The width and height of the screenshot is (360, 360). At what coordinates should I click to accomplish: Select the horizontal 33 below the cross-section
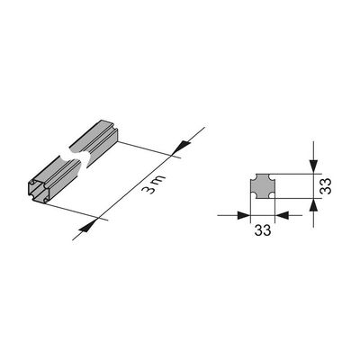point(263,230)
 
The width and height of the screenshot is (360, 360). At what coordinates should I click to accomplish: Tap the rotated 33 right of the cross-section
point(326,186)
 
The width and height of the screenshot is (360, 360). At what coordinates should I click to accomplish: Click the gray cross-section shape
point(263,186)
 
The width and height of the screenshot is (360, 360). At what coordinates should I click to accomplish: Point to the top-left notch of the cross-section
point(252,175)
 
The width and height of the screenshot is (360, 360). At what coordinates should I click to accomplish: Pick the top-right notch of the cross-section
point(273,175)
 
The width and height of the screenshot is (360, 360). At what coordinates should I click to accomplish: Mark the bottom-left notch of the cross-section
point(252,196)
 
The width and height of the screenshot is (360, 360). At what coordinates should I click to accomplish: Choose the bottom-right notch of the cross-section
point(273,196)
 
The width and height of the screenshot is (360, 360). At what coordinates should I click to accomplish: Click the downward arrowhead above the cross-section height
point(313,166)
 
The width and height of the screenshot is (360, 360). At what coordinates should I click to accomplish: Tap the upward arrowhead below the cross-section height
point(313,205)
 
